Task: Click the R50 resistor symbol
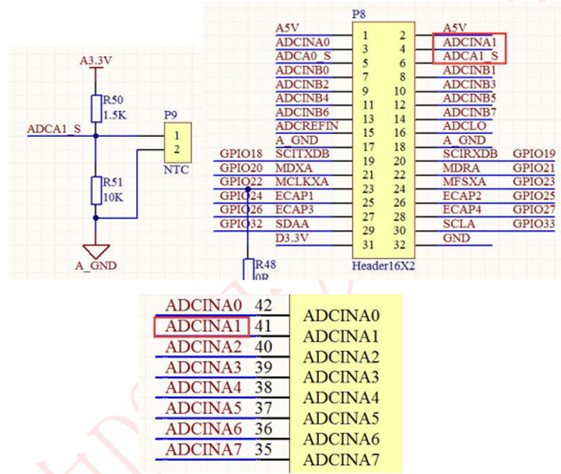coord(96,108)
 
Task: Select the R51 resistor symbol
coord(96,190)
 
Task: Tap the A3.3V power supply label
coord(96,59)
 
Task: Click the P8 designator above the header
coord(357,15)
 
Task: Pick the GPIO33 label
coord(533,224)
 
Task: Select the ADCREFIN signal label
coord(306,125)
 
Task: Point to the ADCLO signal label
coord(463,125)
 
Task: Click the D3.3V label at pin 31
coord(291,238)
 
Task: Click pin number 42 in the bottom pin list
coord(264,305)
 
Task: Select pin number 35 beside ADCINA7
coord(264,449)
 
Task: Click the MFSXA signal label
coord(463,182)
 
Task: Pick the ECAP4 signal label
coord(461,209)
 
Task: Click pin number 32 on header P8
coord(400,245)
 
